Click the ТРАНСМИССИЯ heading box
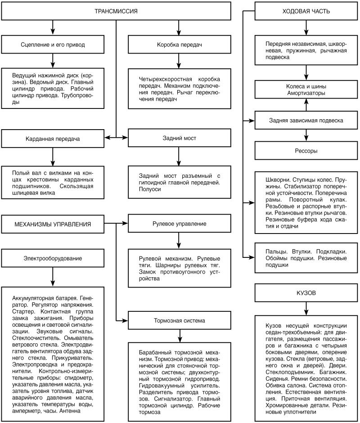click(x=117, y=11)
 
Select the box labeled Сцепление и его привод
click(x=53, y=45)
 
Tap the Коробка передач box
click(x=179, y=45)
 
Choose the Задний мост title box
click(x=179, y=138)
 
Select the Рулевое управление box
click(x=179, y=224)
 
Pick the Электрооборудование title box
click(x=53, y=258)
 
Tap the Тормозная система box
click(x=179, y=321)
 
